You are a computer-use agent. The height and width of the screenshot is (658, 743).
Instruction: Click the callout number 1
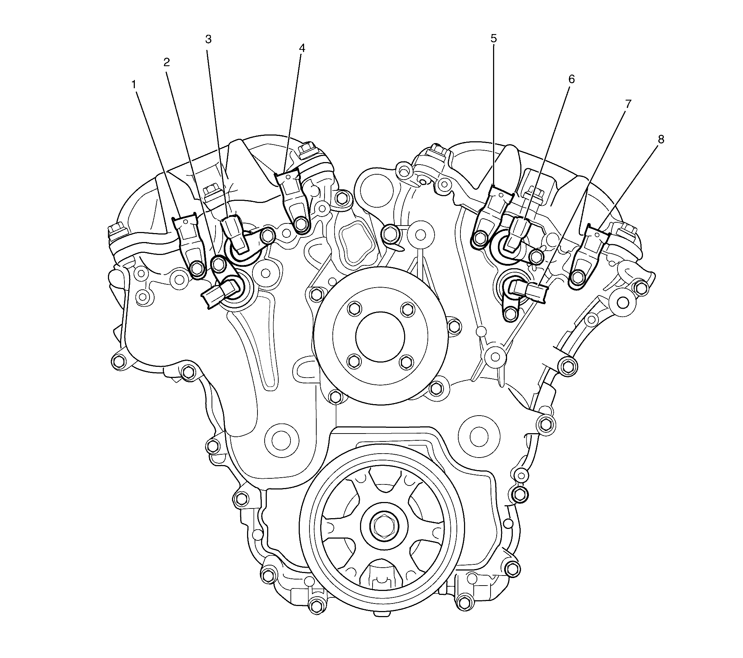pos(134,85)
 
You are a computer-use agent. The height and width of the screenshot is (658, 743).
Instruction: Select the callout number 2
pos(166,62)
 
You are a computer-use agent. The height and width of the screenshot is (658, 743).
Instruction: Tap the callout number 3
pos(208,39)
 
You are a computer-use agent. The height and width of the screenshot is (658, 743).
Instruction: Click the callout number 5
pos(493,38)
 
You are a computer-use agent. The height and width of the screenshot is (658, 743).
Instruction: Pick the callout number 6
pos(572,79)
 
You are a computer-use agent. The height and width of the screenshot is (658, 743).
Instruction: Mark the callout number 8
pos(661,139)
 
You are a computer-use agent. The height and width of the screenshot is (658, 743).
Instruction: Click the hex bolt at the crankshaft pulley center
pos(380,525)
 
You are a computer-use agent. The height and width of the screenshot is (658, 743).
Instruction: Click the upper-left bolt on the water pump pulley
pos(353,309)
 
